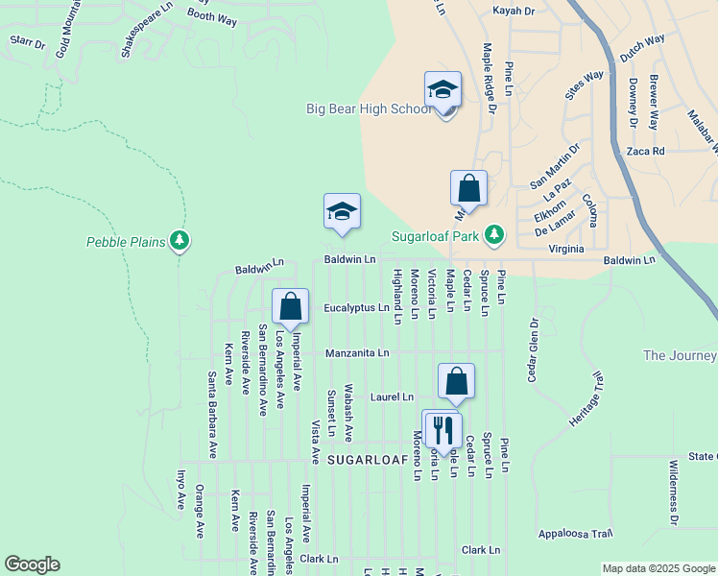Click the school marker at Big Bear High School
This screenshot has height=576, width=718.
(443, 91)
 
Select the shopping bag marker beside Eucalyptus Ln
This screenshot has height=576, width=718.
(291, 307)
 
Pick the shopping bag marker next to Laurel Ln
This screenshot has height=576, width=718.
(457, 381)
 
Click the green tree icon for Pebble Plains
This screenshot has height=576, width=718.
(179, 241)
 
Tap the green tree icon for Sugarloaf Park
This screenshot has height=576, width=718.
(494, 234)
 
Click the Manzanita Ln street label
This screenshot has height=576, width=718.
(357, 353)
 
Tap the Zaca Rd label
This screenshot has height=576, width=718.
(645, 152)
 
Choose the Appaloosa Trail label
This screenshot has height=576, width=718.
(575, 533)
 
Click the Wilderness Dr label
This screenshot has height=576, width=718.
(673, 497)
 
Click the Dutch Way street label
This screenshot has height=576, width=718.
(642, 49)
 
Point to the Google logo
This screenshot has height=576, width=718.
(32, 564)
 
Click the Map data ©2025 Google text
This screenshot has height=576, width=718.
(658, 568)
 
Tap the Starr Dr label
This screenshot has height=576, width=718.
(27, 43)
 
